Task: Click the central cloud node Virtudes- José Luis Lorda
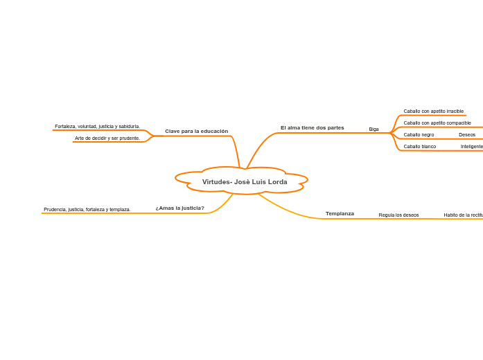[244, 182]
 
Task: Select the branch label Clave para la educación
[196, 131]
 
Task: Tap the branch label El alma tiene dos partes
[312, 127]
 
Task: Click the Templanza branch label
[340, 213]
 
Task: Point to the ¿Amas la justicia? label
[179, 208]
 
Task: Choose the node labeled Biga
[374, 129]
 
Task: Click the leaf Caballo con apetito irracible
[433, 111]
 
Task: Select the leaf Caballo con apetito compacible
[437, 123]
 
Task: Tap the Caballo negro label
[419, 134]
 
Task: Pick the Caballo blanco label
[419, 147]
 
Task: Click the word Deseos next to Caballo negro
[466, 134]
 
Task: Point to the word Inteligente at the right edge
[471, 147]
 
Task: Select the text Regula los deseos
[398, 215]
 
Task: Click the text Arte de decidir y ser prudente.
[107, 138]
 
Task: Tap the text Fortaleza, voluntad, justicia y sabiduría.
[97, 126]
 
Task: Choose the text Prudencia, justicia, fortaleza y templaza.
[87, 209]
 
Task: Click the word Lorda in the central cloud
[277, 182]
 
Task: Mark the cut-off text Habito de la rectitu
[463, 215]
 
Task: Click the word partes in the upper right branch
[335, 127]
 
